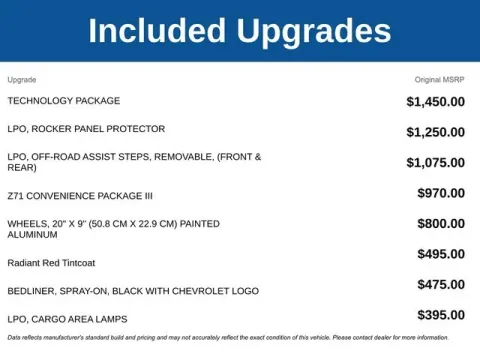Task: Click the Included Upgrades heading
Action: pyautogui.click(x=239, y=31)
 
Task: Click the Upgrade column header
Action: pyautogui.click(x=22, y=79)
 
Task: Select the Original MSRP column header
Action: pyautogui.click(x=440, y=79)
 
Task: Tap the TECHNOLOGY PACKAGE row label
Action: pyautogui.click(x=64, y=101)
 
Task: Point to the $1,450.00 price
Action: pyautogui.click(x=435, y=102)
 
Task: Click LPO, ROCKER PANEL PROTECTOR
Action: pyautogui.click(x=86, y=129)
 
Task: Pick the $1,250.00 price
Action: pyautogui.click(x=435, y=132)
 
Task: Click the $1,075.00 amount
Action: pyautogui.click(x=435, y=162)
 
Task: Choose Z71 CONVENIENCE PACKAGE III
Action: pyautogui.click(x=80, y=195)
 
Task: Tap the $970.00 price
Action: pyautogui.click(x=441, y=193)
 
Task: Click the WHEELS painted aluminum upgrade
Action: pyautogui.click(x=113, y=229)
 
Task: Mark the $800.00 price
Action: pyautogui.click(x=441, y=224)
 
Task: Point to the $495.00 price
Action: pyautogui.click(x=441, y=255)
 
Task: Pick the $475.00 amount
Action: pyautogui.click(x=441, y=285)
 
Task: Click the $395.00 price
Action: pyautogui.click(x=441, y=316)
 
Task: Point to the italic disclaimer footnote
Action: pyautogui.click(x=228, y=338)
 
